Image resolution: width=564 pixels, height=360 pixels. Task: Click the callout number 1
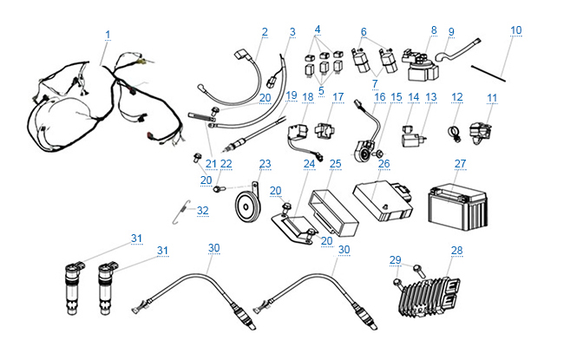coord(108,34)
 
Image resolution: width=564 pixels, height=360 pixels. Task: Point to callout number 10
coord(516,30)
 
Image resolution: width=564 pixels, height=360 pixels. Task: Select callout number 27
coord(460,163)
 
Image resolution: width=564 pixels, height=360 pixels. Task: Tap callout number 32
coord(202,211)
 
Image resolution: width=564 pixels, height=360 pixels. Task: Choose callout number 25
coord(336,163)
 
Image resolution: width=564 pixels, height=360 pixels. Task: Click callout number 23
coord(265,163)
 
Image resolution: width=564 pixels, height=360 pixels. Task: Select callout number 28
coord(456,251)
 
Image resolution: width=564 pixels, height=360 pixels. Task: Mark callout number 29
coord(395,260)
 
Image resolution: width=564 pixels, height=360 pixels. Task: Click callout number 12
coord(456,97)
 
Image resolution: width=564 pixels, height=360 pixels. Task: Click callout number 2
coord(265,32)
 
